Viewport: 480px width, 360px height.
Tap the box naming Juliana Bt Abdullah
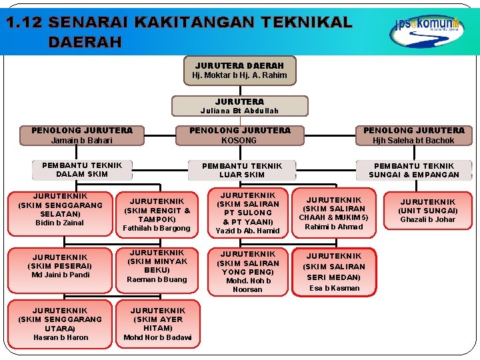click(x=240, y=106)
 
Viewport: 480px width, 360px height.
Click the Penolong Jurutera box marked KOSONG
click(x=240, y=135)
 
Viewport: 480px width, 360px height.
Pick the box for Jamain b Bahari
click(x=82, y=135)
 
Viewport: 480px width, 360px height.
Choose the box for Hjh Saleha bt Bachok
click(x=413, y=135)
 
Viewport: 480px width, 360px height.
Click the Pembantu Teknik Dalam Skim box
click(x=82, y=170)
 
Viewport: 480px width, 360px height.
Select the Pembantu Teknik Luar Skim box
click(x=242, y=170)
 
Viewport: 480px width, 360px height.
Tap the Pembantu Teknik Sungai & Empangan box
click(x=414, y=170)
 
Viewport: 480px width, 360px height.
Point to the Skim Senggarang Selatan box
click(x=60, y=209)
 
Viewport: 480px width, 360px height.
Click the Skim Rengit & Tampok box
click(x=157, y=214)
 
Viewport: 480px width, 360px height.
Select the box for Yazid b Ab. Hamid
click(x=248, y=213)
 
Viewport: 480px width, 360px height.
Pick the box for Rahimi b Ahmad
click(x=334, y=213)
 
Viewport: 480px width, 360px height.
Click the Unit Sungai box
click(x=427, y=211)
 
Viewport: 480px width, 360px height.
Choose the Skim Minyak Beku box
click(x=157, y=266)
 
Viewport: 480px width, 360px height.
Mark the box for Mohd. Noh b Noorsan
click(x=248, y=271)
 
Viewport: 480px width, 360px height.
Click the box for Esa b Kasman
click(x=334, y=271)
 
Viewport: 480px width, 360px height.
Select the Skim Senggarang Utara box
click(x=60, y=324)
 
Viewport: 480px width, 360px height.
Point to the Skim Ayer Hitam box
click(x=157, y=324)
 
